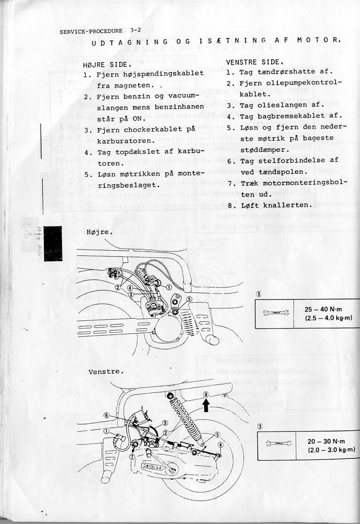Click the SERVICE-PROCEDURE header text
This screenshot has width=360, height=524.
tap(91, 31)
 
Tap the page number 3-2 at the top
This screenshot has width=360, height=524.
tap(135, 30)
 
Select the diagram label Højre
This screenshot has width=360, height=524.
tap(99, 231)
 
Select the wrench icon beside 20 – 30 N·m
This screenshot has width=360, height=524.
tap(277, 444)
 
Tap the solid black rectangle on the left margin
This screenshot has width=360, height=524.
tap(53, 243)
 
